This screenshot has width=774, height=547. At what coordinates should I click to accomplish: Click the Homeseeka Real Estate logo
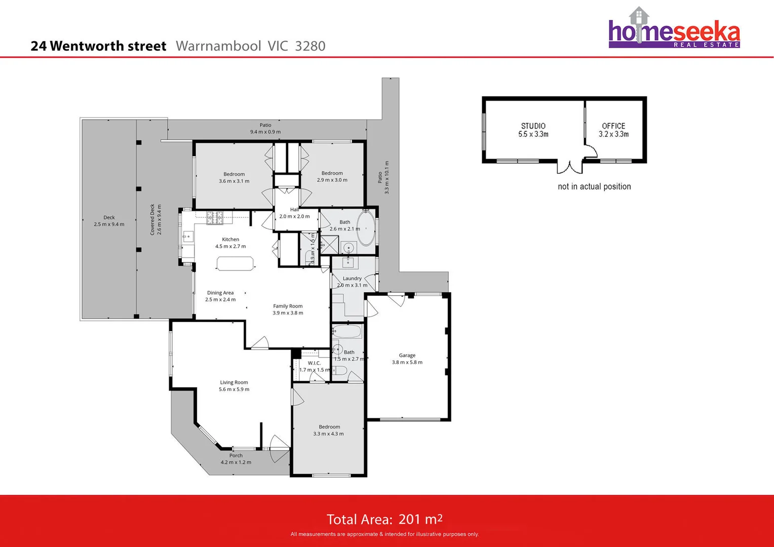click(x=674, y=29)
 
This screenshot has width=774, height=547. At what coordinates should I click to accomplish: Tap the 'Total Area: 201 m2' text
click(x=384, y=519)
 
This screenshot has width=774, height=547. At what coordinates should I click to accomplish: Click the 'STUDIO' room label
click(x=533, y=126)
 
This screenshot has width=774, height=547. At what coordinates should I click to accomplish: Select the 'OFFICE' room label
click(x=613, y=126)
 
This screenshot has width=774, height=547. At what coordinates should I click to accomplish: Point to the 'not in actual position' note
click(x=594, y=186)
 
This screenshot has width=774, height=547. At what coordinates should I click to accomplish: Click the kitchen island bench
click(x=235, y=263)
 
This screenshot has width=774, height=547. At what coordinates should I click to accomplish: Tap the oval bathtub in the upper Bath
click(x=366, y=228)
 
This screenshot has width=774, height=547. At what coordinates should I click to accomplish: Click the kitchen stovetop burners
click(x=215, y=218)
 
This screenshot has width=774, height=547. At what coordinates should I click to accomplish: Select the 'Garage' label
click(x=407, y=356)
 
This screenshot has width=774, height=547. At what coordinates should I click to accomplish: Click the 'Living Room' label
click(x=234, y=382)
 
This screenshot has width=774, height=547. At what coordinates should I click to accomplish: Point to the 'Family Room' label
click(x=288, y=306)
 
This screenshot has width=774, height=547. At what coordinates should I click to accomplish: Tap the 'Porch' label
click(x=236, y=455)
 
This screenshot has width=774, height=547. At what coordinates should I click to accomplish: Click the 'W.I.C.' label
click(x=314, y=363)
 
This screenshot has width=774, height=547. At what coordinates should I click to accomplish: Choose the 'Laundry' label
click(x=352, y=279)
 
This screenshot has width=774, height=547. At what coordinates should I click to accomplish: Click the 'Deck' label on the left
click(x=109, y=217)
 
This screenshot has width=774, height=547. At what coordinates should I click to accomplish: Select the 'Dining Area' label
click(x=220, y=293)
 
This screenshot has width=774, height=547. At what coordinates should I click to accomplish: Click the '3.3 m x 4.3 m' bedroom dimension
click(x=328, y=434)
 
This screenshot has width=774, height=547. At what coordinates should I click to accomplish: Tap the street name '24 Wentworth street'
click(x=98, y=46)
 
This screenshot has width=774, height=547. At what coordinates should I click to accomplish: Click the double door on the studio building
click(x=570, y=167)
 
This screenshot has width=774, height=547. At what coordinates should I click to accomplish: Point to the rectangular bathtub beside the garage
click(x=347, y=332)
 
